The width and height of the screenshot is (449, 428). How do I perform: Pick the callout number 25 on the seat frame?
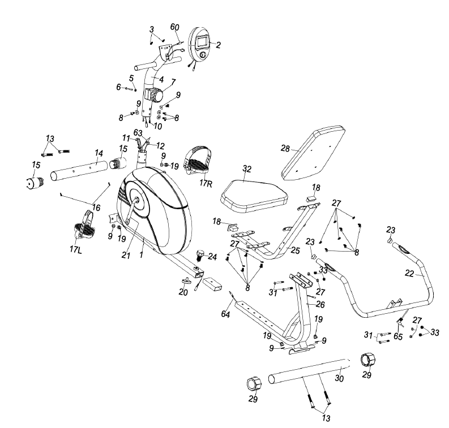point(295,249)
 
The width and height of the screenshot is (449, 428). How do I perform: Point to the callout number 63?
point(138,133)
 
